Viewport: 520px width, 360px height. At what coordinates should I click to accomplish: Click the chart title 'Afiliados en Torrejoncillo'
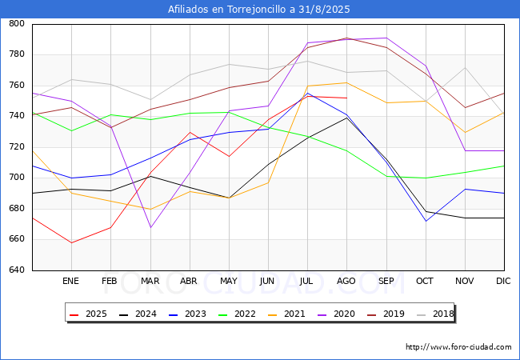tap(259, 10)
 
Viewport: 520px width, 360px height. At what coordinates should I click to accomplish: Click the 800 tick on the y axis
tap(17, 24)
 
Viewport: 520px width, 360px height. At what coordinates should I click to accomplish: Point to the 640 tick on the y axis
tap(17, 270)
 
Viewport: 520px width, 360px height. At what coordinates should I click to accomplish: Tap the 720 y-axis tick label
tap(17, 147)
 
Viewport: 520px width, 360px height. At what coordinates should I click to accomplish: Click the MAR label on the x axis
tap(150, 281)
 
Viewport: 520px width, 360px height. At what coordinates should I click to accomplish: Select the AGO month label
tap(346, 281)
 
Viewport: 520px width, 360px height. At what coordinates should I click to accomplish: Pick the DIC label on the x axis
tap(503, 281)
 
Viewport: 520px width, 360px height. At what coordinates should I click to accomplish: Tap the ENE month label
tap(71, 281)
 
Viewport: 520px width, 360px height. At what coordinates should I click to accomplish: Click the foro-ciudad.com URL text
tap(458, 347)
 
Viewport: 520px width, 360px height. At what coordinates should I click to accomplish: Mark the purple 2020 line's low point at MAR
tap(150, 228)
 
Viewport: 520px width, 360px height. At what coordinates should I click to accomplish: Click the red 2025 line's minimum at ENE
tap(71, 242)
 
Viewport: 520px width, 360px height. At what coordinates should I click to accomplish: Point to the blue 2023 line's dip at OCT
tap(425, 222)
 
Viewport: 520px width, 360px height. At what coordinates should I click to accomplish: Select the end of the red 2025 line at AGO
tap(346, 98)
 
